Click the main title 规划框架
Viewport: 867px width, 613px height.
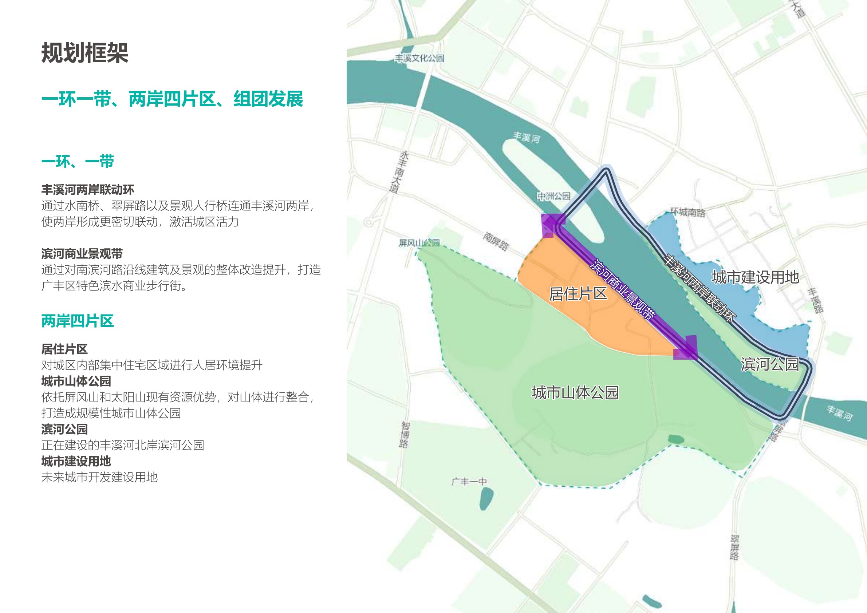click(x=84, y=53)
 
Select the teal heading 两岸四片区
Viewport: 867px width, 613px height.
click(x=78, y=321)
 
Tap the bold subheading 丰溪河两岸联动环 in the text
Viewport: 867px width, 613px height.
click(x=88, y=190)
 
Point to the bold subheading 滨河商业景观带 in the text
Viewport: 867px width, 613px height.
click(x=82, y=254)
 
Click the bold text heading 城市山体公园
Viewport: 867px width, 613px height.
click(x=76, y=381)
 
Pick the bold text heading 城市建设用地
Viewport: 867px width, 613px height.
click(x=76, y=461)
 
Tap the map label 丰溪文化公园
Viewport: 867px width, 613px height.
click(x=419, y=58)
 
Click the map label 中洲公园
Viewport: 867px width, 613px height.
click(x=553, y=196)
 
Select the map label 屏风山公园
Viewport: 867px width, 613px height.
click(x=419, y=243)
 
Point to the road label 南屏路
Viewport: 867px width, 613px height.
click(x=496, y=242)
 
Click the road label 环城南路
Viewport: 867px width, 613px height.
click(x=687, y=213)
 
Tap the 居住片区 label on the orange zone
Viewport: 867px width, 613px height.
click(x=578, y=294)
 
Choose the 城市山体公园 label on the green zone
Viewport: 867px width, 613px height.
click(x=575, y=392)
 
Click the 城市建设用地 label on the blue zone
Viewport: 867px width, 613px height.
click(x=755, y=277)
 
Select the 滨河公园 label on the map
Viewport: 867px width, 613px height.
click(x=769, y=364)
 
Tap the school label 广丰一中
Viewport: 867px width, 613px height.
click(x=469, y=482)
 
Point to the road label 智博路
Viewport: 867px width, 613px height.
click(x=405, y=435)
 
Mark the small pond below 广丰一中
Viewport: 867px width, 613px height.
click(x=486, y=498)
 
